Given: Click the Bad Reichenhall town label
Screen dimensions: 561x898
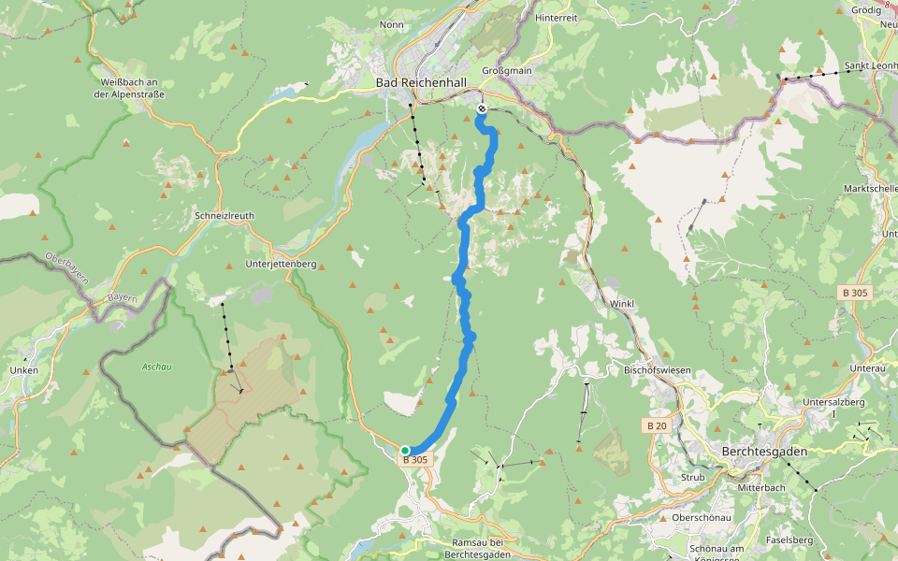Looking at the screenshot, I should point(421,83).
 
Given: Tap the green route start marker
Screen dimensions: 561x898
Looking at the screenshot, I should point(405,451).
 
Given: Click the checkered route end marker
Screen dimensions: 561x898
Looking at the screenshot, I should point(482,109).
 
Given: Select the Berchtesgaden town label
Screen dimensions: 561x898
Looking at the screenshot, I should point(764,451).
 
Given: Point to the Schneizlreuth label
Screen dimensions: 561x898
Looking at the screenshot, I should point(224,215).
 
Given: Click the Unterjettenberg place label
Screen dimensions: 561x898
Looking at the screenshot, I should point(281,265).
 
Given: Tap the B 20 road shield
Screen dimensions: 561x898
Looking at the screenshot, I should point(657,425).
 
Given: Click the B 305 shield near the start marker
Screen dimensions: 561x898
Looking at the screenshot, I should point(415,460).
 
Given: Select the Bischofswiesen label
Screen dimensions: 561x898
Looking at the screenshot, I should point(657,370).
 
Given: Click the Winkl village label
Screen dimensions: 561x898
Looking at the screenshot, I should point(622,304).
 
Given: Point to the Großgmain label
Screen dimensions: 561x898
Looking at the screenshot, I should point(506,70).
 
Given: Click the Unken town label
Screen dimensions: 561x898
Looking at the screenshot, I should point(23,370).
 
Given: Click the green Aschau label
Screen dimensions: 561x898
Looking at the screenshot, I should point(156,367).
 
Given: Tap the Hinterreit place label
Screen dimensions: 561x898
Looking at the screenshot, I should point(556,18).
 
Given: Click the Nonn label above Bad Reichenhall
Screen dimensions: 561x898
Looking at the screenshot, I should point(391,25).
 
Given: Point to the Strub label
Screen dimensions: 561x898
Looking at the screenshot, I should point(693,477).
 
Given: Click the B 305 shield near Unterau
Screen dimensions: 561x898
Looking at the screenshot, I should point(854,293).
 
